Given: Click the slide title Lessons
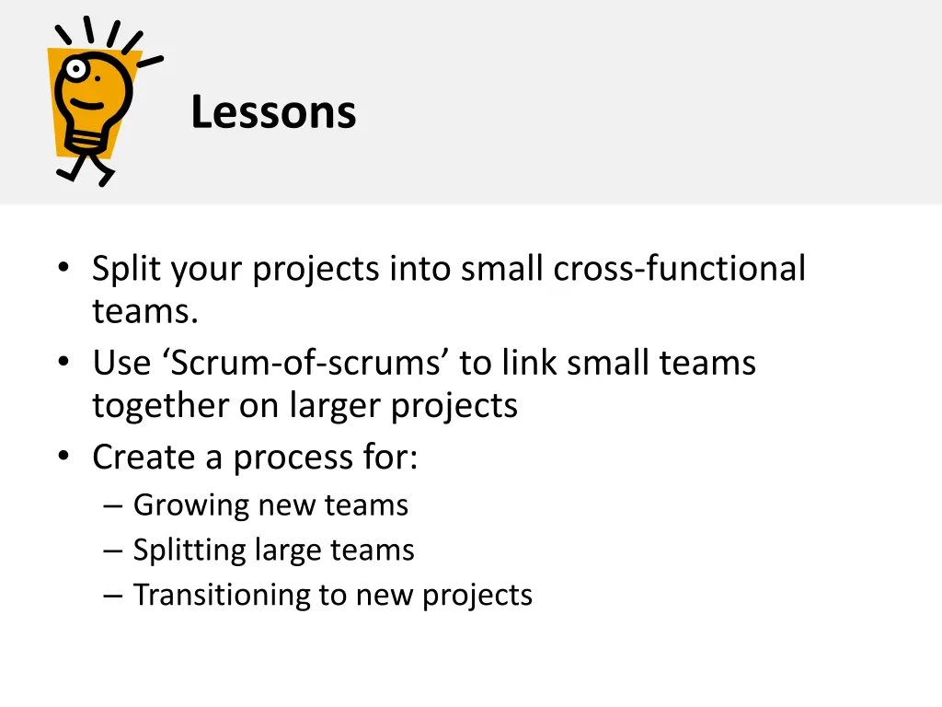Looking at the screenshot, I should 273,113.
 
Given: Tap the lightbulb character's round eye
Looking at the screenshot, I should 72,69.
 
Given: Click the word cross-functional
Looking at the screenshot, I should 680,269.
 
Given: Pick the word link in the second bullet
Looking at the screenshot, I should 530,363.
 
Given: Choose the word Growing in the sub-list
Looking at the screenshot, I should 191,505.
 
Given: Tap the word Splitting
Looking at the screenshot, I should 190,551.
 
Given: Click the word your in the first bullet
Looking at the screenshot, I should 203,269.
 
